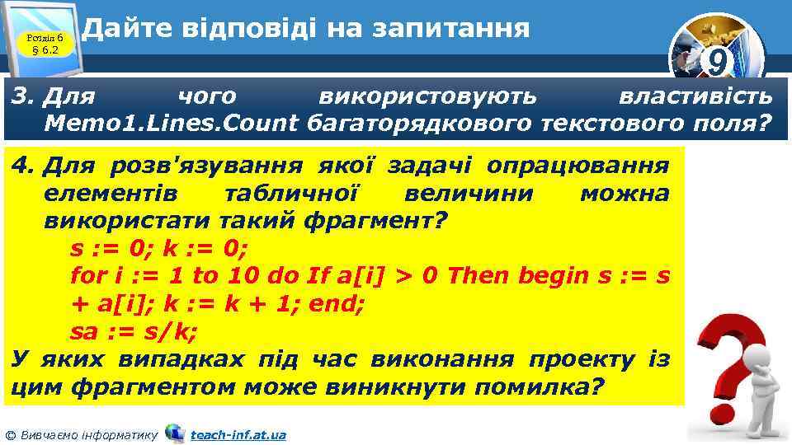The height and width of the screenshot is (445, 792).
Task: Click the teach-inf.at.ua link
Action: click(238, 434)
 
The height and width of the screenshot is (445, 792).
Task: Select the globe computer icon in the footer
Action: click(174, 433)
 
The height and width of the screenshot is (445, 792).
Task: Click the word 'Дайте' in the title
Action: click(128, 29)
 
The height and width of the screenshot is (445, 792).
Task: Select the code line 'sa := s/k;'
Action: click(134, 331)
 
